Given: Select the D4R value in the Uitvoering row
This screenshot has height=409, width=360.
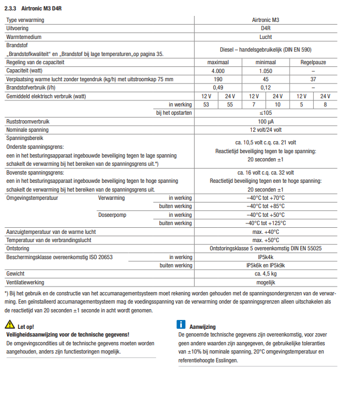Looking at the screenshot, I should (x=265, y=28).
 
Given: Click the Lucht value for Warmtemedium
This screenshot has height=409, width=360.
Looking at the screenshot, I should (x=265, y=36).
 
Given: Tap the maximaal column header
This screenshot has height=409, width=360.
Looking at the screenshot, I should (x=218, y=63).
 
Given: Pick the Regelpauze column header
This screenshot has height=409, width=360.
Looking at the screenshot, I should (x=313, y=63).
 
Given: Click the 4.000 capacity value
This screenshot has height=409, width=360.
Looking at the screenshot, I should (x=218, y=71).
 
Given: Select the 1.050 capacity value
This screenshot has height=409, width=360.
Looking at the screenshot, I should (x=265, y=71).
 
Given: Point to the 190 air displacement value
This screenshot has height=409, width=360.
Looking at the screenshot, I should (x=218, y=79).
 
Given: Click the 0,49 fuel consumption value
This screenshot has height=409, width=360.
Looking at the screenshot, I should (x=218, y=87).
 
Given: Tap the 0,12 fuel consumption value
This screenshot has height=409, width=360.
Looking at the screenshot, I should (x=265, y=87).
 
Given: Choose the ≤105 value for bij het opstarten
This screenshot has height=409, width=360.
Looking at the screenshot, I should (x=265, y=113).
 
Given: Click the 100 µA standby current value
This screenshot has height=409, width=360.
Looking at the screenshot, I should (x=265, y=121).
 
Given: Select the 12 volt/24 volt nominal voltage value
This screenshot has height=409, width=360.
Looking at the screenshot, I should (x=265, y=130).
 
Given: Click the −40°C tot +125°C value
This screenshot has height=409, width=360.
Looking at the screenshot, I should (x=265, y=223).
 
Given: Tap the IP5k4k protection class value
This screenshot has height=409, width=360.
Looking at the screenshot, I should (x=265, y=257).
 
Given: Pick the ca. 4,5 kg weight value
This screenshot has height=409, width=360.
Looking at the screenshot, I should (x=265, y=273).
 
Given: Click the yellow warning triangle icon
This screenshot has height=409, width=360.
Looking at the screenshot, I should (x=9, y=326).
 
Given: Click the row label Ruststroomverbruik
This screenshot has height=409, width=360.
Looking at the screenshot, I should (x=28, y=121).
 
